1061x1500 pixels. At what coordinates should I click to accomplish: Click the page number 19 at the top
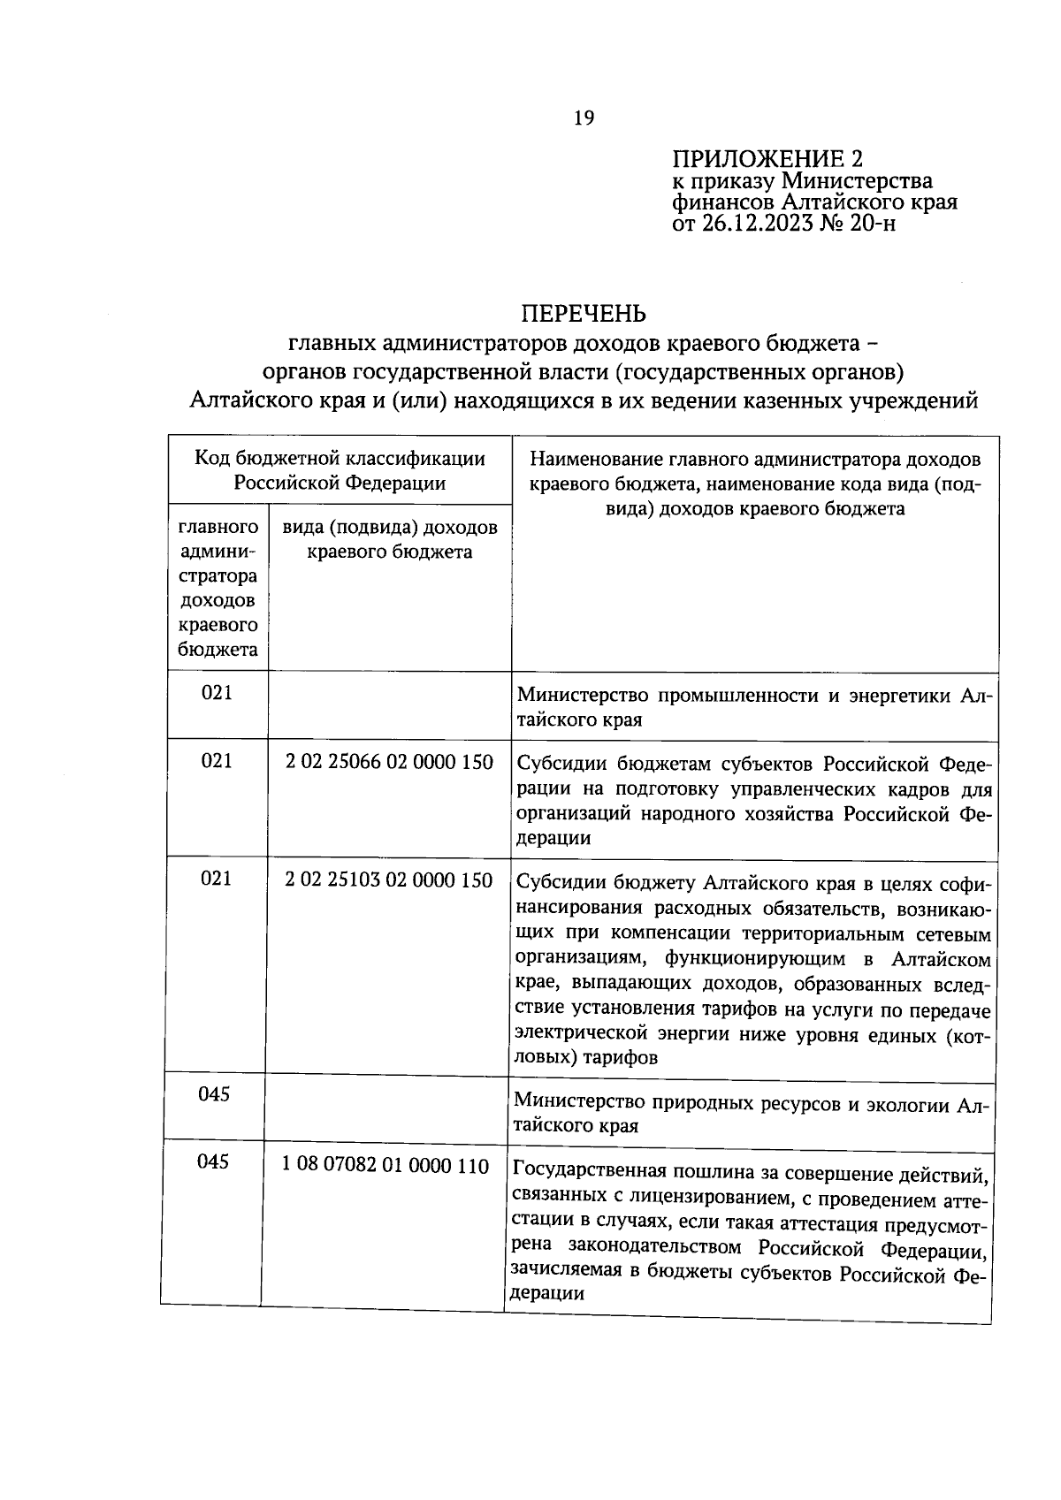[584, 118]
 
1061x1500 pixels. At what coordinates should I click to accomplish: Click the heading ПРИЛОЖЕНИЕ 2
[767, 159]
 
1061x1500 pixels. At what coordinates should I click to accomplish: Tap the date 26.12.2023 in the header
[759, 224]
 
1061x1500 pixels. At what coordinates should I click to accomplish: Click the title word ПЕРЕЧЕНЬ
[583, 314]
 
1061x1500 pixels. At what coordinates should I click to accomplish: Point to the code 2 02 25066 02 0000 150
[389, 761]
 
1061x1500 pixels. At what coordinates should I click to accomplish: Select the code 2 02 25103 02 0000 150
[389, 880]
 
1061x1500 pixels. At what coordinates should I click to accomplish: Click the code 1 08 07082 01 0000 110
[385, 1166]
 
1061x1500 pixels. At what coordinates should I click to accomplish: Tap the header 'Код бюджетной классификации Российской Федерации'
[340, 470]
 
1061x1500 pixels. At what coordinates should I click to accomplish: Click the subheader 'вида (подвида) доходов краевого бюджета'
[389, 540]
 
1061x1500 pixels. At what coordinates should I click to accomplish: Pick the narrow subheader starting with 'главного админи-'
[218, 588]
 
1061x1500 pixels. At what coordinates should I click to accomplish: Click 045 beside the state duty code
[213, 1161]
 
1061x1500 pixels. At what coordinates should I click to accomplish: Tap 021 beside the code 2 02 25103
[216, 879]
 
